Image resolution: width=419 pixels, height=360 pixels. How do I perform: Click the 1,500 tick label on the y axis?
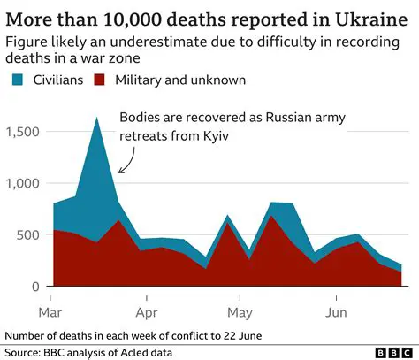click(x=21, y=132)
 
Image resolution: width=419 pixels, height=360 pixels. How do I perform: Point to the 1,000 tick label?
click(x=21, y=183)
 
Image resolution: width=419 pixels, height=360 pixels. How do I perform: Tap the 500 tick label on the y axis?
click(x=29, y=235)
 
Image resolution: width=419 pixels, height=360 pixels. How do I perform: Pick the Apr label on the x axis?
click(x=147, y=312)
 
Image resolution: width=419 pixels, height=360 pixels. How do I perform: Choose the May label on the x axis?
click(x=240, y=312)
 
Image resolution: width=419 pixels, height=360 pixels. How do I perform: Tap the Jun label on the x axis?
click(x=335, y=312)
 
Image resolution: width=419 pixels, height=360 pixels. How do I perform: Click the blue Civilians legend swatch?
click(x=19, y=80)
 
